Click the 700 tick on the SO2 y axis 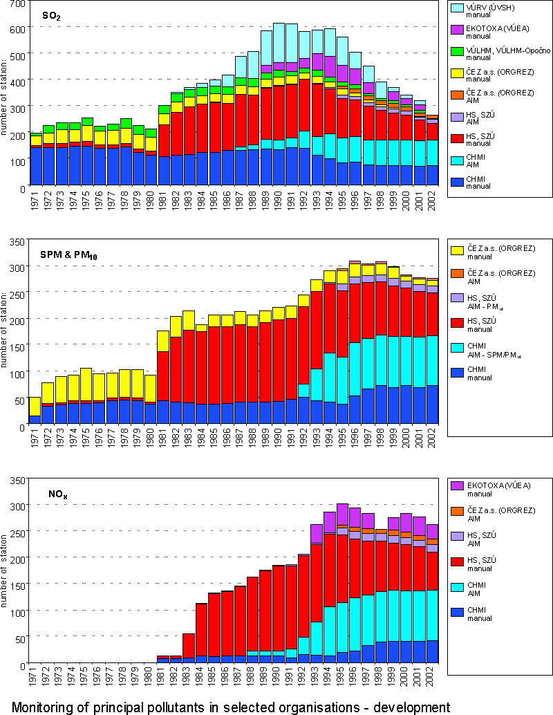click(16, 4)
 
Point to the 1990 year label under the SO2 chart click(279, 201)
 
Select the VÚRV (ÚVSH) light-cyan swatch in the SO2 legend click(457, 7)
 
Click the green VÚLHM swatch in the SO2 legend click(457, 50)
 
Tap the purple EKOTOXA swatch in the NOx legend click(457, 486)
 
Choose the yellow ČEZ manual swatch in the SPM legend click(457, 250)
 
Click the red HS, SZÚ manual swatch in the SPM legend click(457, 322)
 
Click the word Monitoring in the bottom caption click(48, 707)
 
